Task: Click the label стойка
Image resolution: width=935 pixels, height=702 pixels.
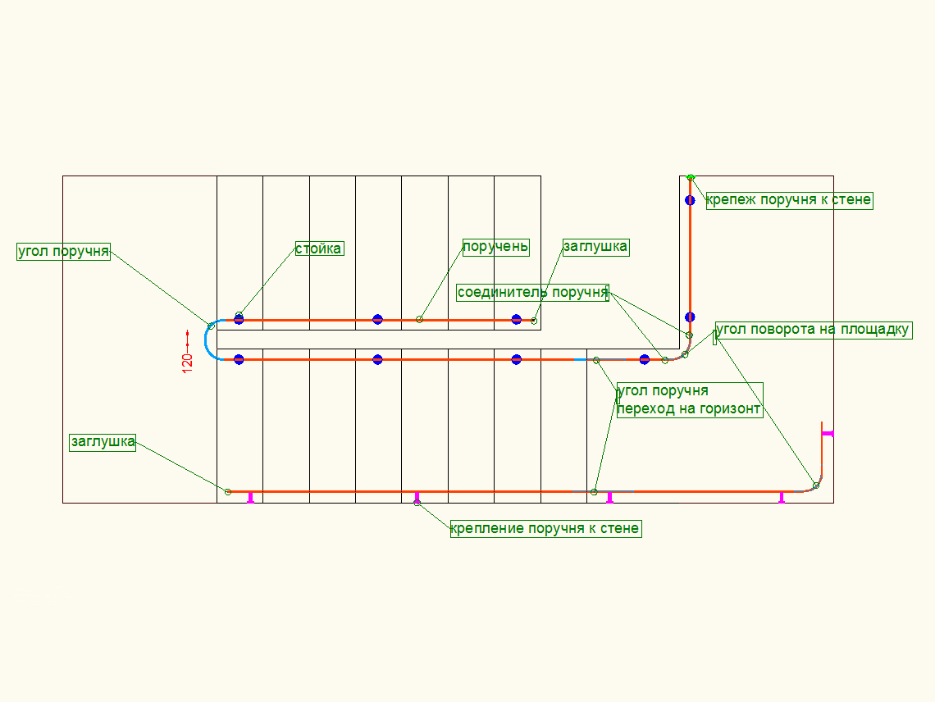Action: click(x=319, y=248)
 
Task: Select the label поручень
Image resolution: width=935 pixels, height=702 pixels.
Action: click(x=496, y=247)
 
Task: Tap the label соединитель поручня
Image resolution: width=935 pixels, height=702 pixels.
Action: click(x=532, y=293)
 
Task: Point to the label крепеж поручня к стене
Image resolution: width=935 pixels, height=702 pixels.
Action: click(x=789, y=200)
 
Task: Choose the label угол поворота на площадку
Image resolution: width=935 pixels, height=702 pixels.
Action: click(x=813, y=330)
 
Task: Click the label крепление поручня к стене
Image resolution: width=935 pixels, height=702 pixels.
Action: click(x=545, y=529)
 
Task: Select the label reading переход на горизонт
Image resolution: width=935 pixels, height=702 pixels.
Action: click(x=689, y=408)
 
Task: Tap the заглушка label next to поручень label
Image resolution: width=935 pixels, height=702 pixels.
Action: click(x=595, y=247)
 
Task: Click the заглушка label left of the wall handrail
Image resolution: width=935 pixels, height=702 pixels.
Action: click(x=103, y=442)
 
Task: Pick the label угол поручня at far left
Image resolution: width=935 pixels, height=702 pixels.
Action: click(x=63, y=251)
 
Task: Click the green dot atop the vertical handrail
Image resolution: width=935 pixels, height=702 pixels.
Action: click(x=691, y=177)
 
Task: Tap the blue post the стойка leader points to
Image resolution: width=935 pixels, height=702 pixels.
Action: click(x=239, y=320)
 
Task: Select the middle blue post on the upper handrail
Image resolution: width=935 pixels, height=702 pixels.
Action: click(x=377, y=319)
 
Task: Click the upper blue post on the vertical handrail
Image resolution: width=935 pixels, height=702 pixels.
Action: click(x=690, y=200)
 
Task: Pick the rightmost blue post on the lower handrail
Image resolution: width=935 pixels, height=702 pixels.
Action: click(x=645, y=359)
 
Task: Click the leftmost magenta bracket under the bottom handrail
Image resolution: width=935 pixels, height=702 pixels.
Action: click(x=251, y=497)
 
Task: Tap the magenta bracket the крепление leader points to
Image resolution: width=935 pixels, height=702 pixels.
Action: click(x=417, y=497)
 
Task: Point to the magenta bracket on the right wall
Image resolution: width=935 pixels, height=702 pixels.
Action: click(x=827, y=433)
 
